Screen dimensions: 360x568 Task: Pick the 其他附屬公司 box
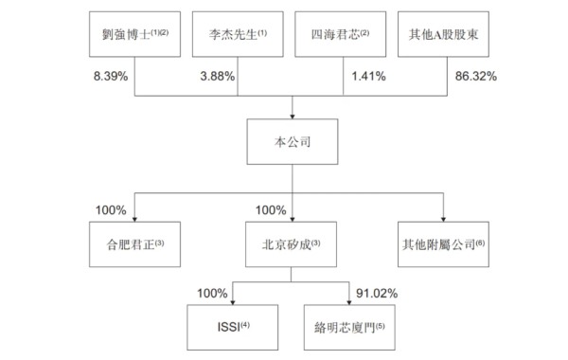click(441, 243)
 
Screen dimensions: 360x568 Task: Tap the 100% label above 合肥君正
click(112, 208)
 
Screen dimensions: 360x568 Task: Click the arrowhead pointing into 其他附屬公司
click(442, 217)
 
